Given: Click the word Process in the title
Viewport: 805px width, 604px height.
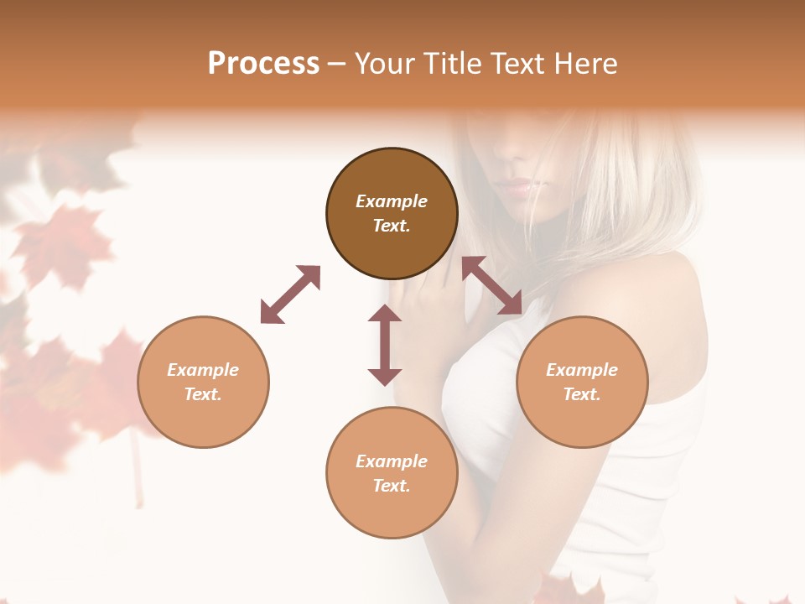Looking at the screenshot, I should click(x=263, y=64).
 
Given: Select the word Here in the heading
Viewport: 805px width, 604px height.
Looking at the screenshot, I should click(x=584, y=64).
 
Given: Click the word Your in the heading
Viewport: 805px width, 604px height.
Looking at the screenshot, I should click(x=385, y=64).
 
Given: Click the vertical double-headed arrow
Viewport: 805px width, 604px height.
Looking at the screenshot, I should click(x=385, y=345).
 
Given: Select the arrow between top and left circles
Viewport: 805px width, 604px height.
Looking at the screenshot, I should click(x=290, y=294).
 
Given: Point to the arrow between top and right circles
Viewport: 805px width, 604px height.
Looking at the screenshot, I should click(x=492, y=285).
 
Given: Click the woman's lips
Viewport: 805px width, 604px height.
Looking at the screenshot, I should click(x=518, y=187).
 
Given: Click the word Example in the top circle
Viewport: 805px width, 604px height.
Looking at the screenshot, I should click(x=392, y=201).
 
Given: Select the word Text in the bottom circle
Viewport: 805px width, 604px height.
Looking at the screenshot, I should click(x=390, y=486).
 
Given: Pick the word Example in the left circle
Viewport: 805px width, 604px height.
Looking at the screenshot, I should click(x=203, y=370).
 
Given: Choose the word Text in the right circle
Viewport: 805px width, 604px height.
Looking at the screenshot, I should click(x=580, y=394).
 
